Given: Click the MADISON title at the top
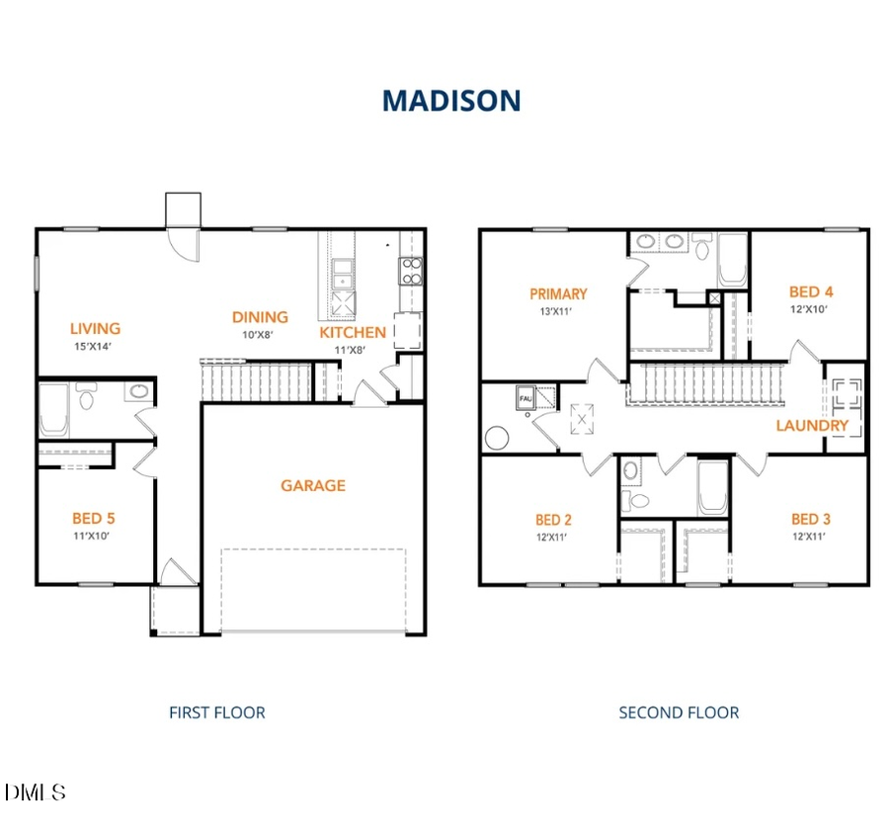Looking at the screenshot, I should [451, 100].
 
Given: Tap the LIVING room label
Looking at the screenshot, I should [95, 328].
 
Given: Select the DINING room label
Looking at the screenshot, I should [260, 317].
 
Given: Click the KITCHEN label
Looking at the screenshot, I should [353, 333].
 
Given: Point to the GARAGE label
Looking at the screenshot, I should [313, 485].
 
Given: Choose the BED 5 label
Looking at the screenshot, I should [100, 518].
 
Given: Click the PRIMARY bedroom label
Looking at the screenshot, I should [558, 293].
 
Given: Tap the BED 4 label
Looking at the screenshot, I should [811, 291].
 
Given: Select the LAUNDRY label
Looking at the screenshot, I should [812, 426].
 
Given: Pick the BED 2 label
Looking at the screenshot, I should [554, 520].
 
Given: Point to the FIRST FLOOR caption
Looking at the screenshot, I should [217, 711].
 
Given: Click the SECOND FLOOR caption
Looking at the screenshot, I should [679, 711].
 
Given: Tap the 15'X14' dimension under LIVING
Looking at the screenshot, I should [95, 347].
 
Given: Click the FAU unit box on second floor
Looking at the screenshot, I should [524, 399].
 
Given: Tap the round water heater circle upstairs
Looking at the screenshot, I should [496, 437].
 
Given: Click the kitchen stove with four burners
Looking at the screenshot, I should [410, 271].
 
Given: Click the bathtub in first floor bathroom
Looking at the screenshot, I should [53, 410].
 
